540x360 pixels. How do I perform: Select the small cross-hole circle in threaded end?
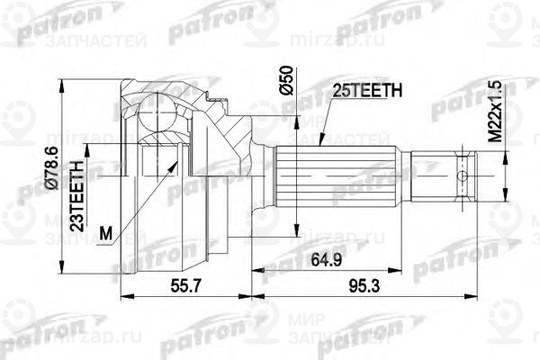pyautogui.click(x=464, y=176)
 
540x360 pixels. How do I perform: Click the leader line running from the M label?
pyautogui.click(x=139, y=202)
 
